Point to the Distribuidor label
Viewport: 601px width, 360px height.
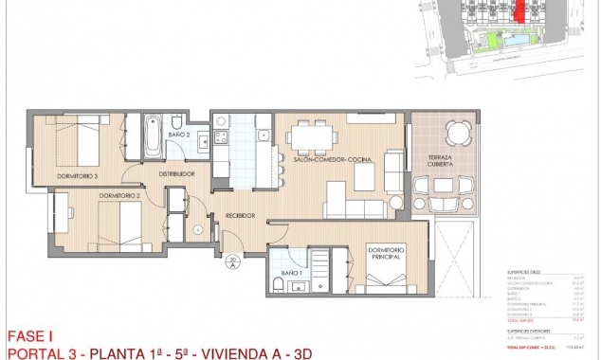176,174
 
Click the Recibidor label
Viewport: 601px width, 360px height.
240,216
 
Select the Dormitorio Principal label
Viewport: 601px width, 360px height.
383,254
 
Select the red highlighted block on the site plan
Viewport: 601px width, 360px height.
519,11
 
